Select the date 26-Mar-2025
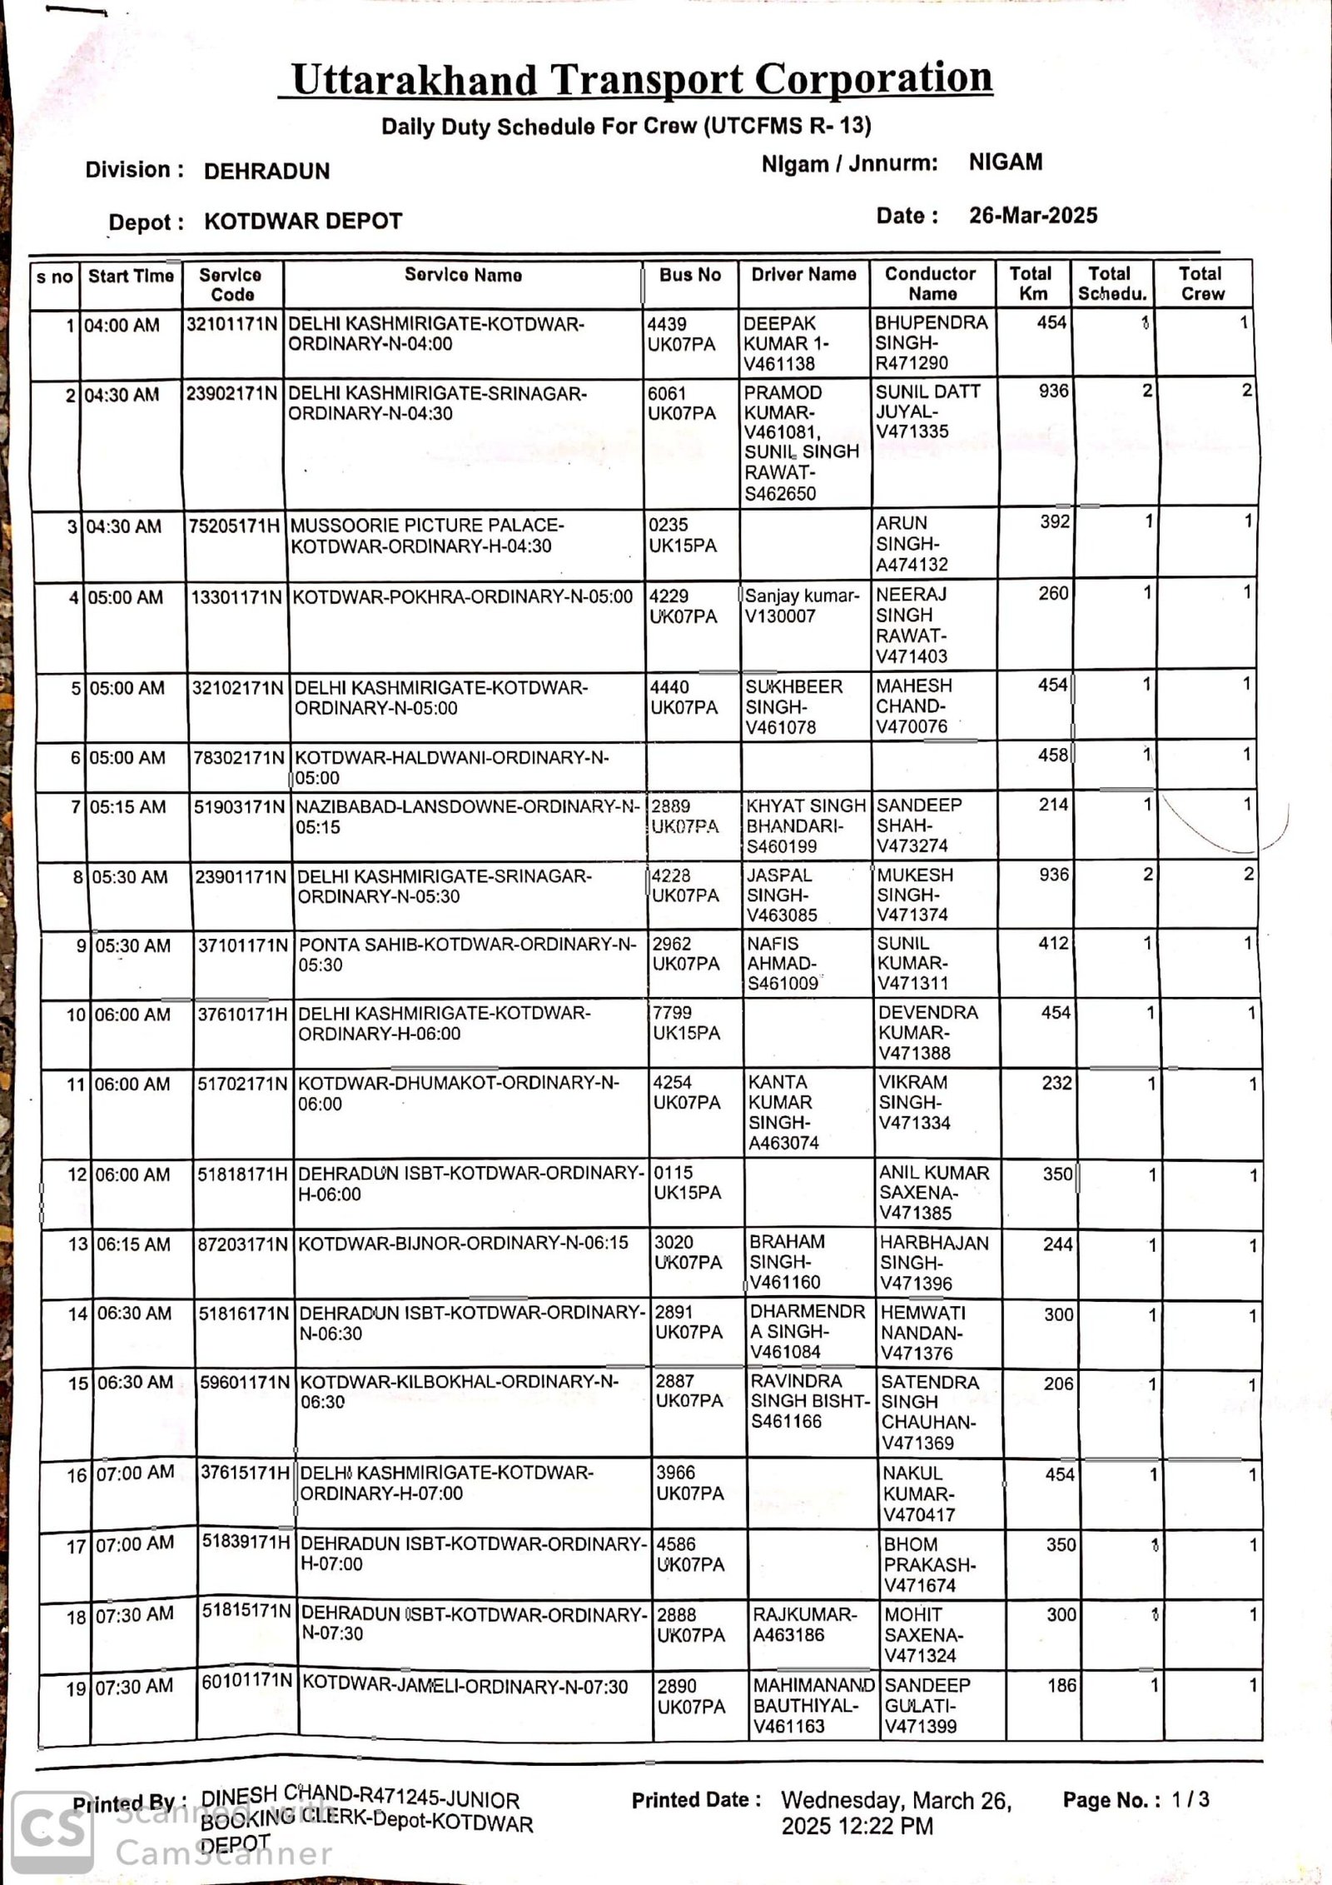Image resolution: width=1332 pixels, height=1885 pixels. (1033, 216)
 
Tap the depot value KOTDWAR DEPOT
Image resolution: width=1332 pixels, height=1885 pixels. (303, 222)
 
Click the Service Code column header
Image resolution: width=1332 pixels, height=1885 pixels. (231, 285)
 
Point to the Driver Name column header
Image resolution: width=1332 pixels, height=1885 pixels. (803, 275)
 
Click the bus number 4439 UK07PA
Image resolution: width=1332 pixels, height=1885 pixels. (681, 334)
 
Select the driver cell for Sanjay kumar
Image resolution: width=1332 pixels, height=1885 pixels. (802, 606)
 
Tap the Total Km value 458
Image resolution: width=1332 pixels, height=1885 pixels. (1053, 755)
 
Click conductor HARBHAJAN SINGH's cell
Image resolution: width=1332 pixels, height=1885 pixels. (934, 1263)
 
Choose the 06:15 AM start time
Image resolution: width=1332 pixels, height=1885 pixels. (134, 1244)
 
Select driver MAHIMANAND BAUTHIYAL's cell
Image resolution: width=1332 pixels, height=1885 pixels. (813, 1705)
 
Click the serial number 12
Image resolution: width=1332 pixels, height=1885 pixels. (77, 1175)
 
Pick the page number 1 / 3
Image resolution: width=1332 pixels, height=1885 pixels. (1190, 1800)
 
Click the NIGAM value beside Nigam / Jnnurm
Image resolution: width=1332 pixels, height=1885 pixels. (1005, 162)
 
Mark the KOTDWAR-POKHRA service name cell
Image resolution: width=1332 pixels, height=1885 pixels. (463, 597)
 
